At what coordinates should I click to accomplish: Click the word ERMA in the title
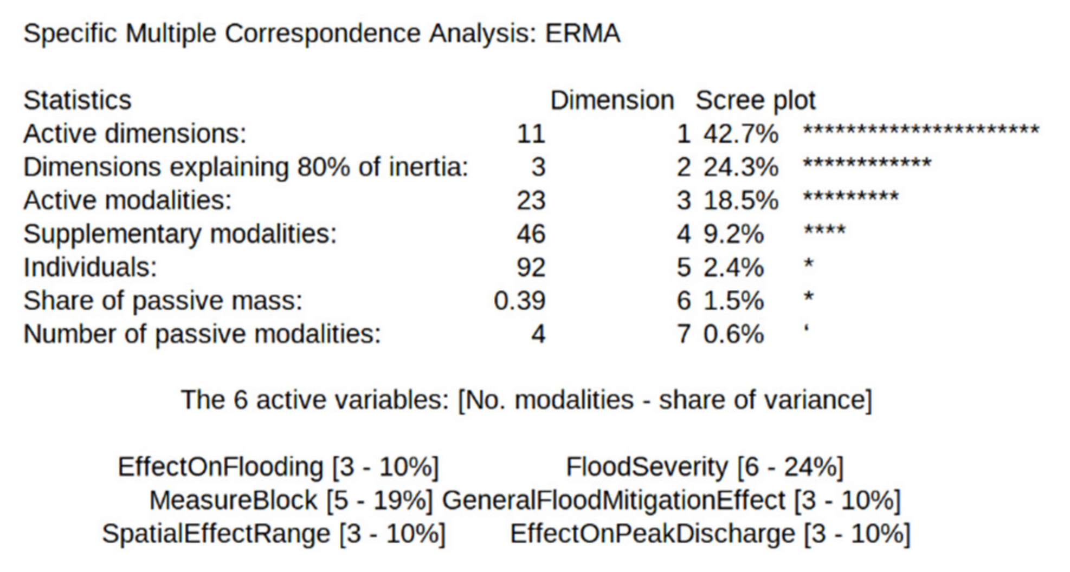582,34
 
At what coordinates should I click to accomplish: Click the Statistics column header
78,100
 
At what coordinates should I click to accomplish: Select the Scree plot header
755,100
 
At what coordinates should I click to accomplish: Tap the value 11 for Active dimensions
531,134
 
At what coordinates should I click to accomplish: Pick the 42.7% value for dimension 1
740,134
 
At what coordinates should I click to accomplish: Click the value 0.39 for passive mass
519,301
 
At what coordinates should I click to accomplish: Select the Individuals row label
90,267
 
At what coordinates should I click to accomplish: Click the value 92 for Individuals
531,267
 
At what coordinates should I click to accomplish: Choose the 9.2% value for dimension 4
733,234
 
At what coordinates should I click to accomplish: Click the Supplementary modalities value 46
531,234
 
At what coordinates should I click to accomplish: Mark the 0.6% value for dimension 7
733,334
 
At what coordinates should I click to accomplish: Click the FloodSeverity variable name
647,467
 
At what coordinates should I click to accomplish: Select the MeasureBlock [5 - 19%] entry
291,500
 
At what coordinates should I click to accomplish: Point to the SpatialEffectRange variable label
216,534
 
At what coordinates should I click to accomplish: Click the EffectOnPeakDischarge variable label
652,534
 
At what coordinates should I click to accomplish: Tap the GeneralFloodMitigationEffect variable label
613,500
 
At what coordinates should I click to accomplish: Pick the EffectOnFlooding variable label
220,467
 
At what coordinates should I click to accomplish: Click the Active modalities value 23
531,200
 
